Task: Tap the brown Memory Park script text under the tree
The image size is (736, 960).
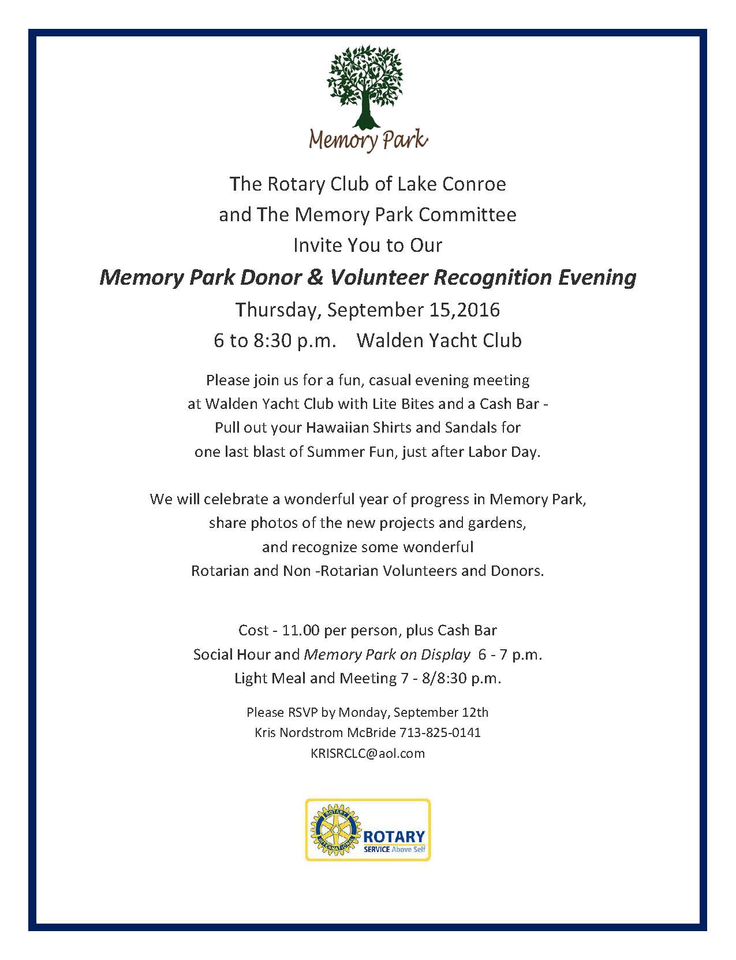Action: (368, 140)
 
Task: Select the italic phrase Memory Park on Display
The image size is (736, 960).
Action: (387, 654)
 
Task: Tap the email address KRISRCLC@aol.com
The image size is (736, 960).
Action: (368, 753)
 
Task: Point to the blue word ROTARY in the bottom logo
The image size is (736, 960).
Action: (395, 836)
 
